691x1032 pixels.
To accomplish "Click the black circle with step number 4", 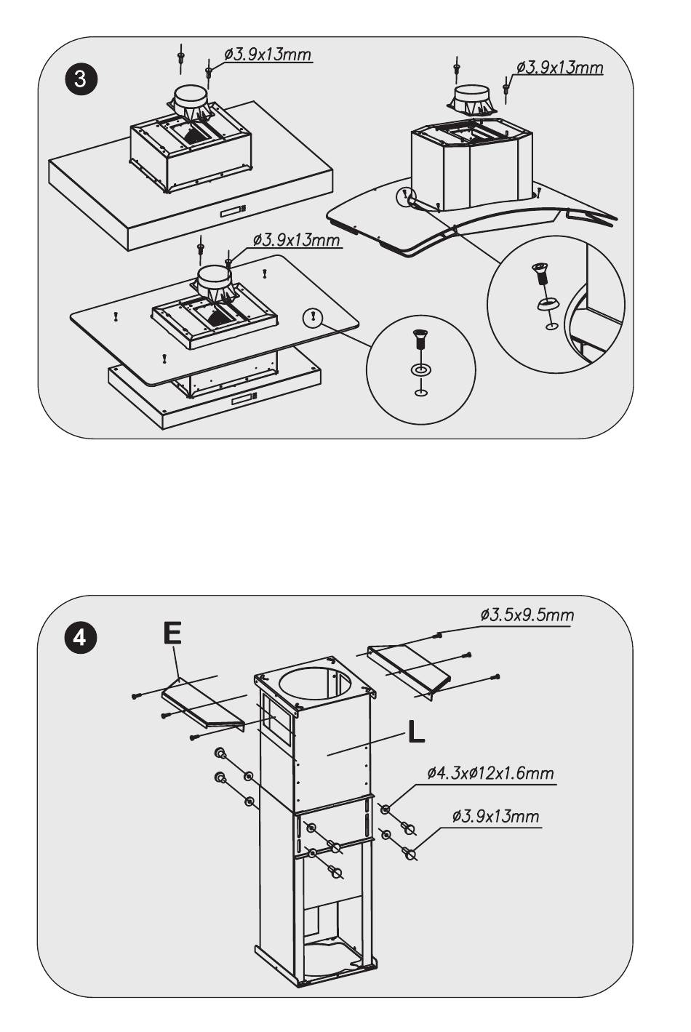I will (79, 636).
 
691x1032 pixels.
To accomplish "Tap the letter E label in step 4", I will (172, 633).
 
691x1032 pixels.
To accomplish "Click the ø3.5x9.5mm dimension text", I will (527, 615).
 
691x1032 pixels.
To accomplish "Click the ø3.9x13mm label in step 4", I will (495, 816).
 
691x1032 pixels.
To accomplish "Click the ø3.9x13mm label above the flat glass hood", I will (296, 239).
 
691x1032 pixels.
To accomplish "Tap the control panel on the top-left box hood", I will (231, 211).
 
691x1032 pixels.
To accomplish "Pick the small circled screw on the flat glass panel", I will (312, 316).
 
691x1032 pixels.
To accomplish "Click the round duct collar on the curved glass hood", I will (471, 95).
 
